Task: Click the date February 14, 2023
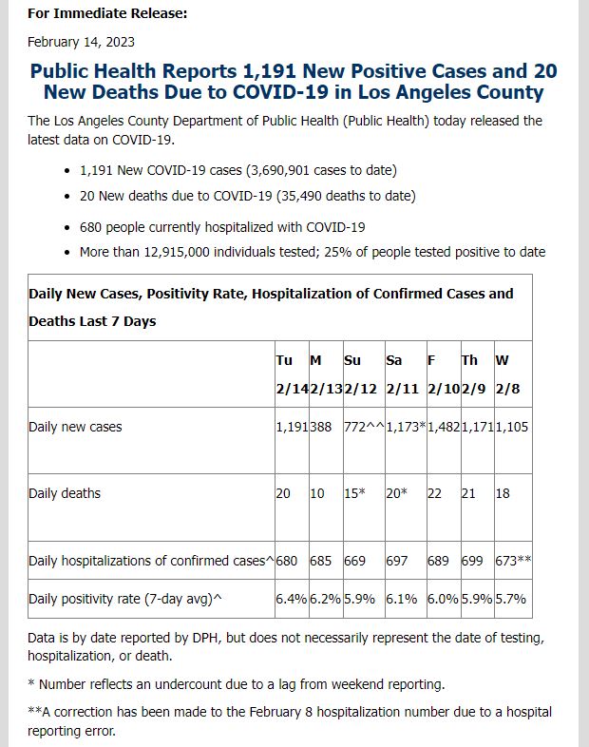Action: click(81, 42)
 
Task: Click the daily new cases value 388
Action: click(320, 427)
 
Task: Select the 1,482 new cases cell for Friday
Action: click(444, 427)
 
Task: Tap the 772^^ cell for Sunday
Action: click(364, 427)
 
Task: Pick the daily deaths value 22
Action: click(434, 493)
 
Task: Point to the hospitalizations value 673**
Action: click(513, 561)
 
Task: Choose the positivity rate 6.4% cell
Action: click(292, 599)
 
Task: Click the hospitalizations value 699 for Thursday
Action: click(472, 561)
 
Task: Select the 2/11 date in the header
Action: click(403, 389)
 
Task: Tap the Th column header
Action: click(469, 360)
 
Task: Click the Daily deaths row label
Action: click(65, 493)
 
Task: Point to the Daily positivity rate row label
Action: click(125, 599)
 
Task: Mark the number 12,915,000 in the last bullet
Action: click(177, 252)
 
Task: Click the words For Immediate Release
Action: click(107, 13)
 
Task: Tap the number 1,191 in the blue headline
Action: click(270, 71)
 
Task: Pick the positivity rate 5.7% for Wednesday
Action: click(510, 599)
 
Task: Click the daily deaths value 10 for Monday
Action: click(317, 493)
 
